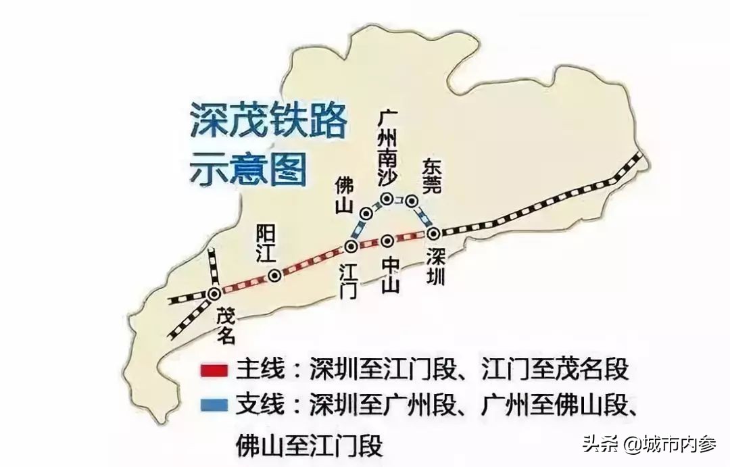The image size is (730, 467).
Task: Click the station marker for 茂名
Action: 214,293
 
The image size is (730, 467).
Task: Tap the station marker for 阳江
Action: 274,275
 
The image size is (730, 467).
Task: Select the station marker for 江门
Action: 351,246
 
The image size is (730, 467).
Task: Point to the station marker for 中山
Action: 387,241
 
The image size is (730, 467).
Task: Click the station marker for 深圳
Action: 433,233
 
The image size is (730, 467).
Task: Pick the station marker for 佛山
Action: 366,213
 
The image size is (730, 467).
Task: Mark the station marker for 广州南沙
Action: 387,199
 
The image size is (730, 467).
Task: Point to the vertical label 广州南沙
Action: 388,151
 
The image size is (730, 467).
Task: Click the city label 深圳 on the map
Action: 436,268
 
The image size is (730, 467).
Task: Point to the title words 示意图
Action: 246,168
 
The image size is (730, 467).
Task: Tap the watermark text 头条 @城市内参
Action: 648,444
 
